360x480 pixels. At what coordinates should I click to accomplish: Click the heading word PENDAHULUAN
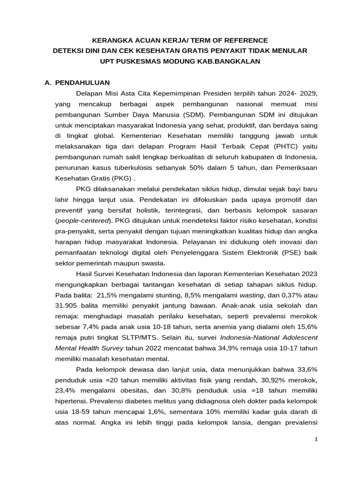coord(82,82)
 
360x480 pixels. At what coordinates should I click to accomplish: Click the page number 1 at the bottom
coord(315,439)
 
